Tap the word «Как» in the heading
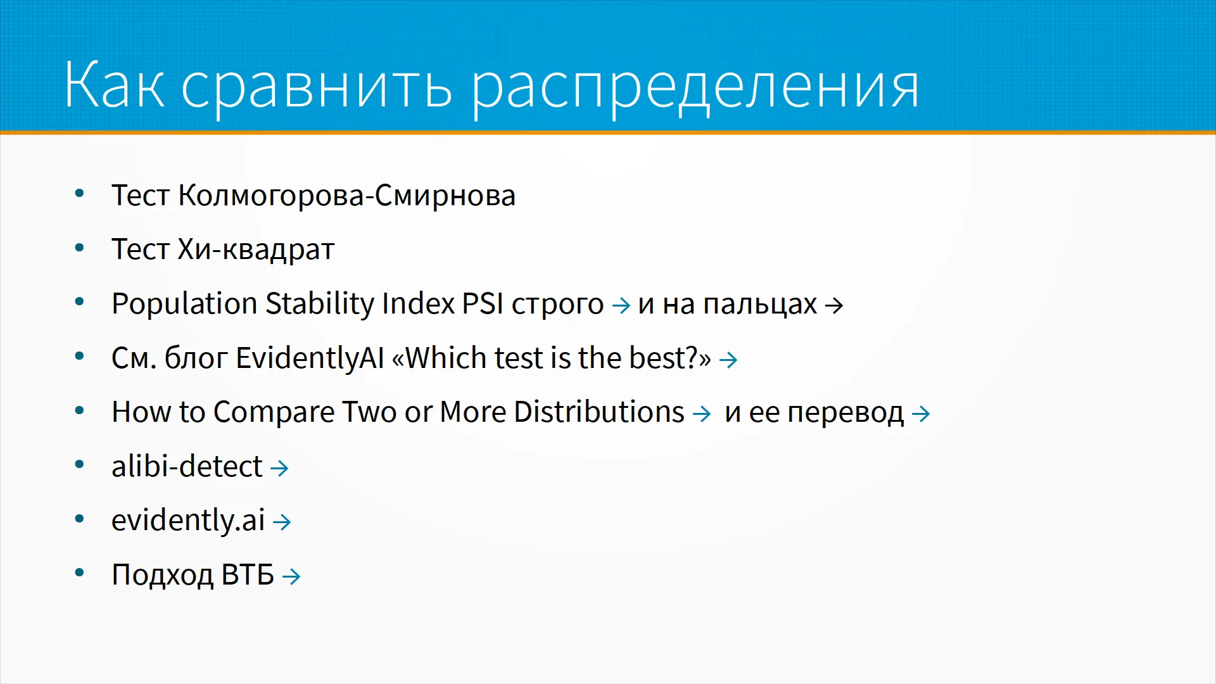pyautogui.click(x=115, y=84)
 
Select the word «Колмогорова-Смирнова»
pyautogui.click(x=346, y=195)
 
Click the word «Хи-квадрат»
pyautogui.click(x=256, y=250)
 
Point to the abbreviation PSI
pyautogui.click(x=483, y=303)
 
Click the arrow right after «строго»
pyautogui.click(x=621, y=305)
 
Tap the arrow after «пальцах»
pyautogui.click(x=834, y=305)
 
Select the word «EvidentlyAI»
pyautogui.click(x=310, y=358)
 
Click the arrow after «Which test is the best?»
pyautogui.click(x=728, y=360)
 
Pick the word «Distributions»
pyautogui.click(x=599, y=412)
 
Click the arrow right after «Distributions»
pyautogui.click(x=702, y=414)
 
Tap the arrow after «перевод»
pyautogui.click(x=921, y=414)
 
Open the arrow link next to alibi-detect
pyautogui.click(x=279, y=468)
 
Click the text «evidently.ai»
pyautogui.click(x=188, y=521)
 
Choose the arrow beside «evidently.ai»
pyautogui.click(x=282, y=522)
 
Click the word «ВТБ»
pyautogui.click(x=248, y=575)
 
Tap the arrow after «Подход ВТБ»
pyautogui.click(x=291, y=576)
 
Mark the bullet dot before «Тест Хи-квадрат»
pyautogui.click(x=79, y=248)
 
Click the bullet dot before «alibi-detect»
pyautogui.click(x=79, y=465)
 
